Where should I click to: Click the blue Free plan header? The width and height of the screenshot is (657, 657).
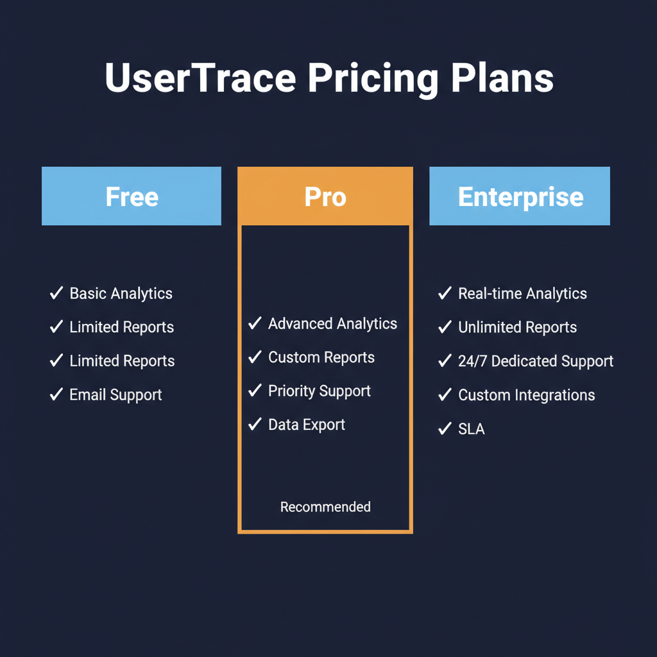pyautogui.click(x=132, y=196)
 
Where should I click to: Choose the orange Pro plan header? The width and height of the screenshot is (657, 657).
pyautogui.click(x=325, y=196)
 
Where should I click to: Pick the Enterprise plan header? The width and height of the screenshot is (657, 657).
pyautogui.click(x=520, y=196)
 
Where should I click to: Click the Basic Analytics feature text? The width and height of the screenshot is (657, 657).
pyautogui.click(x=121, y=294)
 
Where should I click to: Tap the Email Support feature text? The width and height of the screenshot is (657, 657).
pyautogui.click(x=115, y=395)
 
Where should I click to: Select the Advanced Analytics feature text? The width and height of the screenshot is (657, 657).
pyautogui.click(x=332, y=324)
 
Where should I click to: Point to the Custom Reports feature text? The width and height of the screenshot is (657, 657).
pyautogui.click(x=321, y=357)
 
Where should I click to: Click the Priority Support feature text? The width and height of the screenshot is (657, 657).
pyautogui.click(x=319, y=391)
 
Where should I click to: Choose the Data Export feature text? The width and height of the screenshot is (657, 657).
pyautogui.click(x=307, y=425)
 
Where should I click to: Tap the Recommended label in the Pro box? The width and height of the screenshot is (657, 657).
pyautogui.click(x=325, y=507)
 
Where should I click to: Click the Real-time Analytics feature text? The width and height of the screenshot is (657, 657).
pyautogui.click(x=522, y=294)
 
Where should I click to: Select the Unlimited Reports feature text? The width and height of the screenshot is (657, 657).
pyautogui.click(x=517, y=327)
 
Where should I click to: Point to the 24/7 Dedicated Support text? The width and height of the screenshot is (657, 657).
pyautogui.click(x=535, y=361)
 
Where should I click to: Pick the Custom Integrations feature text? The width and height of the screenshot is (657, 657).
pyautogui.click(x=526, y=395)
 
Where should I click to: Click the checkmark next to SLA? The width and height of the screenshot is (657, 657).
pyautogui.click(x=445, y=429)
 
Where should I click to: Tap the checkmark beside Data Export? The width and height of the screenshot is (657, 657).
pyautogui.click(x=255, y=424)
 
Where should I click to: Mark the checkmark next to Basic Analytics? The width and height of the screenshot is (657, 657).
pyautogui.click(x=56, y=293)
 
